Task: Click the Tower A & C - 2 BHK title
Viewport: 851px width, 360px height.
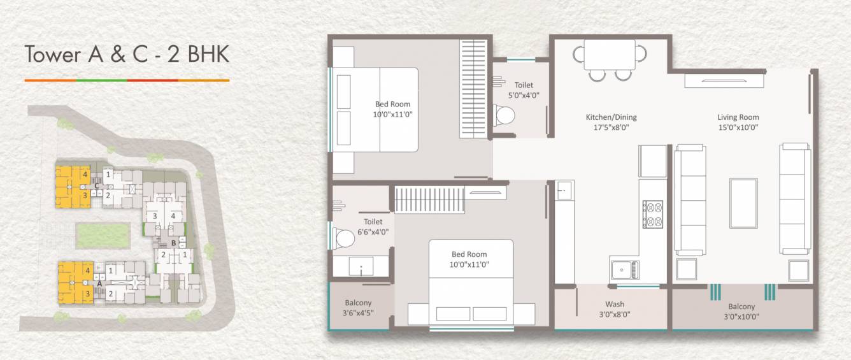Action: pyautogui.click(x=127, y=55)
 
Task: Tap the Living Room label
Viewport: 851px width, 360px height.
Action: pyautogui.click(x=738, y=117)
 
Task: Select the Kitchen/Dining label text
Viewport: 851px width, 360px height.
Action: pyautogui.click(x=611, y=117)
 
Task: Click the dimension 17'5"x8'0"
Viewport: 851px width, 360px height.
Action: pyautogui.click(x=611, y=127)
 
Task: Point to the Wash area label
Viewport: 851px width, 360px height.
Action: pyautogui.click(x=615, y=305)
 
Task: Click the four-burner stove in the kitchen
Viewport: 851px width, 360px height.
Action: pyautogui.click(x=653, y=214)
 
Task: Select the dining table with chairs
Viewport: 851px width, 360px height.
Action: pyautogui.click(x=610, y=55)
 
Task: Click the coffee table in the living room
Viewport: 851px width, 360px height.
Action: pyautogui.click(x=743, y=203)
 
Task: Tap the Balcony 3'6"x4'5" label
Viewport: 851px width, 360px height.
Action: pyautogui.click(x=358, y=308)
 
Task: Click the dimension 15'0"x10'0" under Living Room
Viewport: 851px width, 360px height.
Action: pyautogui.click(x=738, y=127)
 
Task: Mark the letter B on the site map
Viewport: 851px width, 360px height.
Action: pyautogui.click(x=173, y=243)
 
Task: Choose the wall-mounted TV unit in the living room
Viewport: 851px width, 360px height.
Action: pyautogui.click(x=724, y=80)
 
